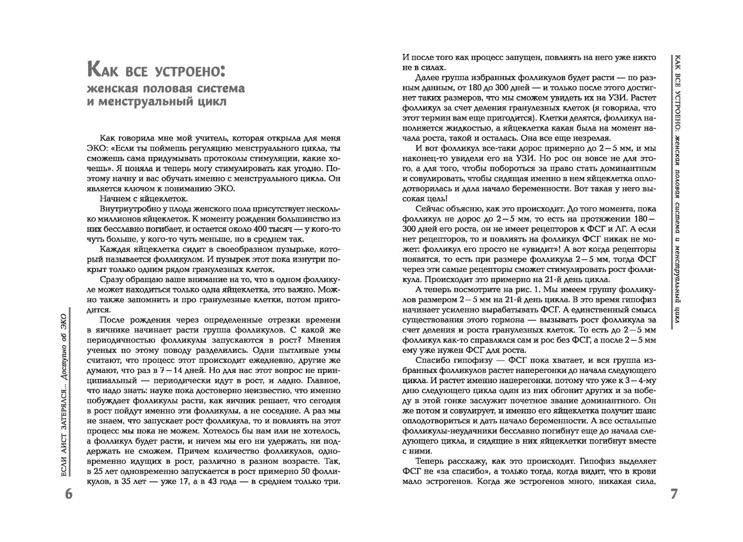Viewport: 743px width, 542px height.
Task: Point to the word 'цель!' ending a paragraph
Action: [436, 198]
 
